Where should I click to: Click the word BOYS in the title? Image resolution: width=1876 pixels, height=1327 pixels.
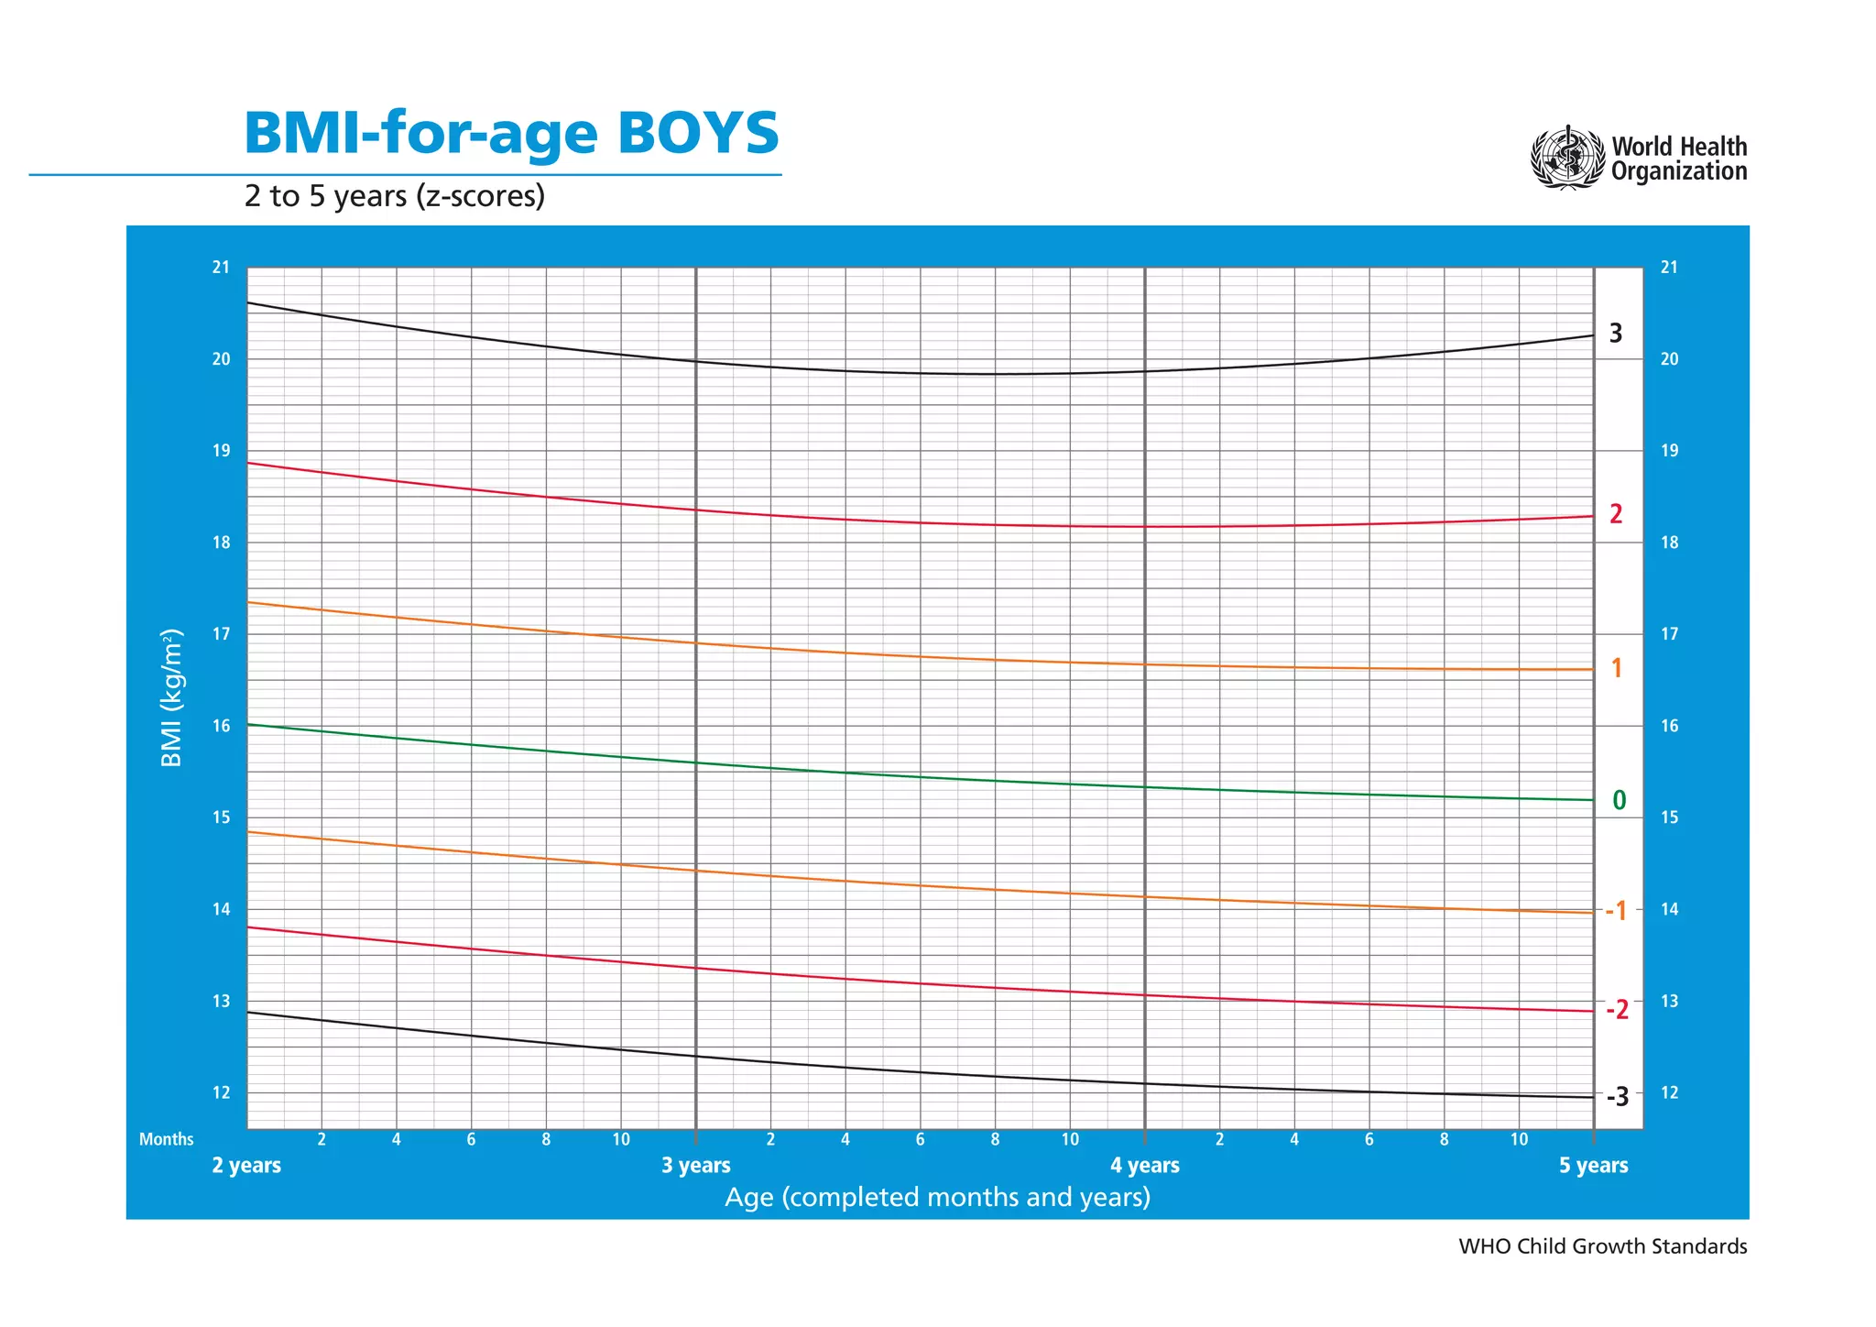697,133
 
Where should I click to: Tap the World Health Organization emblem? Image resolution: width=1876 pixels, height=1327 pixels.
1567,159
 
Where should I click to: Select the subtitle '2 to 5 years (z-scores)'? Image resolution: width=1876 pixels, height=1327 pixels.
394,196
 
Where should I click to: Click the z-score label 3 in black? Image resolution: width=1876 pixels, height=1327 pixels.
1615,334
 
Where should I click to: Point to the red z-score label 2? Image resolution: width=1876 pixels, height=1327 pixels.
1615,514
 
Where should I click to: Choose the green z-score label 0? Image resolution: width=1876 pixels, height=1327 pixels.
1619,801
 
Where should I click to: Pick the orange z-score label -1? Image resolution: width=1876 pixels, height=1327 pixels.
1616,911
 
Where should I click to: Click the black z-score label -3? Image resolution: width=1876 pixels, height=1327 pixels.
1617,1097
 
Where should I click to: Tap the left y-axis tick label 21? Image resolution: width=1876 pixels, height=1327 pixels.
221,268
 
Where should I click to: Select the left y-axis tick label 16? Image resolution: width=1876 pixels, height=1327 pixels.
221,726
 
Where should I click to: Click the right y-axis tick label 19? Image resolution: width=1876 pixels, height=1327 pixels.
1669,451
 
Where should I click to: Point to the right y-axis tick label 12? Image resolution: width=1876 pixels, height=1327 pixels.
1669,1092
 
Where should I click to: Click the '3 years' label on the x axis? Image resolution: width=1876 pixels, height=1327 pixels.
696,1166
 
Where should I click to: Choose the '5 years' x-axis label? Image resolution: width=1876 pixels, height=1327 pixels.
1593,1166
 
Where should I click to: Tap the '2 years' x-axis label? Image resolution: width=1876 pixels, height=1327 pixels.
246,1166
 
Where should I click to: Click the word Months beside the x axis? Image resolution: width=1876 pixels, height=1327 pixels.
166,1140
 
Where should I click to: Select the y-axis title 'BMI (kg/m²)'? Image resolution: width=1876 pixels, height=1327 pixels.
172,698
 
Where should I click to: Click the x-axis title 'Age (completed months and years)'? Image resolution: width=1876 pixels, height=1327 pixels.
937,1197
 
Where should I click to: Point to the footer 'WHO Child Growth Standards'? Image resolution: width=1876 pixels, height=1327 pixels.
1602,1246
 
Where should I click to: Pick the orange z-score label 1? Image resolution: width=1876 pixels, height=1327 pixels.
1616,669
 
